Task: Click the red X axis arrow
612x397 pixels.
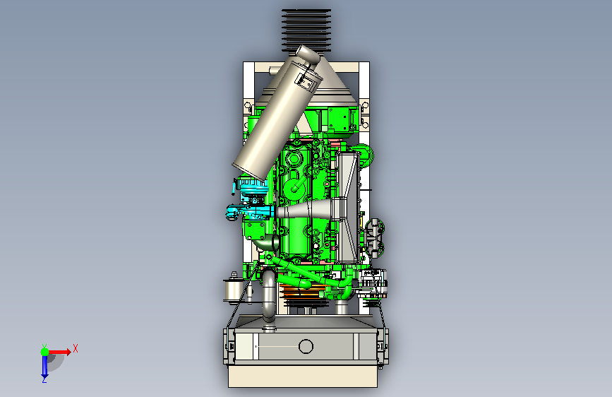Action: coord(59,352)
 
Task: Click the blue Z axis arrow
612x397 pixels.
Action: coord(44,366)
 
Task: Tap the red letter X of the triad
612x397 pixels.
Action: coord(76,348)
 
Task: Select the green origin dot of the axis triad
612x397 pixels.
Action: coord(44,352)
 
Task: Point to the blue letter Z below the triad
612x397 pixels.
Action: coord(44,379)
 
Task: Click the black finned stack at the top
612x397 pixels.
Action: coord(306,30)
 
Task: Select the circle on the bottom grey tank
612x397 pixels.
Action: coord(306,346)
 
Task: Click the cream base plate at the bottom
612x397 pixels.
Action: coord(303,376)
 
